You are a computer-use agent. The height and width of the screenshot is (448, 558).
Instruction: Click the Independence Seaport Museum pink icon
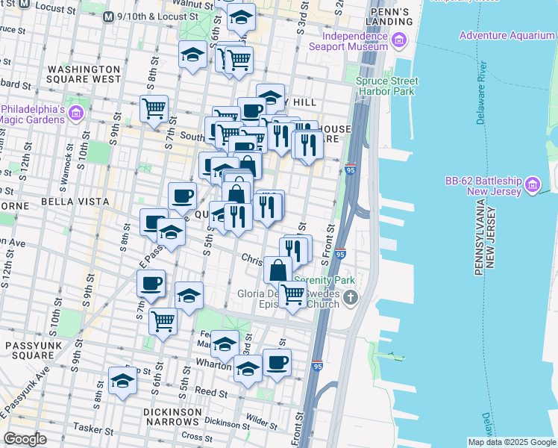pos(400,40)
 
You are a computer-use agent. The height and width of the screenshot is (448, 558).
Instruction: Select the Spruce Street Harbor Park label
pos(386,86)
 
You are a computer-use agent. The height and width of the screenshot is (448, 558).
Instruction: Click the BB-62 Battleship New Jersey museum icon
pos(532,184)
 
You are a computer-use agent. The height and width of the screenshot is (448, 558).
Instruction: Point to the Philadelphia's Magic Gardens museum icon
pos(75,113)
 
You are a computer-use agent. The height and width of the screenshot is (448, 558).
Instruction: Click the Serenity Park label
pos(325,281)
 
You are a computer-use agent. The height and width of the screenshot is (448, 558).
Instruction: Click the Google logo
pos(25,439)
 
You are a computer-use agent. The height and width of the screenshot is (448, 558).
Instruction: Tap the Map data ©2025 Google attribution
pos(511,441)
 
